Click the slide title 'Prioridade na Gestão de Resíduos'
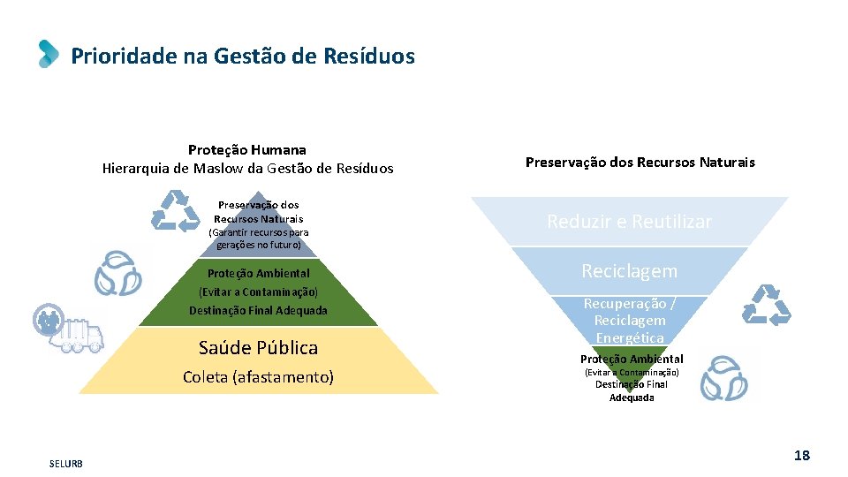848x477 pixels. (242, 57)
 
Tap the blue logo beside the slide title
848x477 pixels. (49, 54)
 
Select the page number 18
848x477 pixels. (801, 456)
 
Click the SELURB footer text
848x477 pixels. (66, 464)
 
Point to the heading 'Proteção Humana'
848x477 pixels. (247, 150)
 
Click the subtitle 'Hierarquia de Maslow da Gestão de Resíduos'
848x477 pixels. (247, 168)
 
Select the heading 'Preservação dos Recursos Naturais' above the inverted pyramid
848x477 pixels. (640, 163)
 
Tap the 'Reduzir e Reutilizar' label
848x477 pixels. (629, 222)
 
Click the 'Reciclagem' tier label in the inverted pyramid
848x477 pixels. (629, 271)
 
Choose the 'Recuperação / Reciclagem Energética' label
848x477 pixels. (629, 320)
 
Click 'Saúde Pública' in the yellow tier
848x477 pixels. (258, 347)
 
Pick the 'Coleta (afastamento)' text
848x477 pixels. (258, 377)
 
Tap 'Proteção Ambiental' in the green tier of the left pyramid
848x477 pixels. (258, 274)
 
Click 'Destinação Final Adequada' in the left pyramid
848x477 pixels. (258, 310)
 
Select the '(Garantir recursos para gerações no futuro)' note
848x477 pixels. (258, 238)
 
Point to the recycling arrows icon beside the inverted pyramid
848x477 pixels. (765, 306)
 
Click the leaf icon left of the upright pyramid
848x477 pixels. (117, 273)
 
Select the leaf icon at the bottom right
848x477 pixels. (723, 378)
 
